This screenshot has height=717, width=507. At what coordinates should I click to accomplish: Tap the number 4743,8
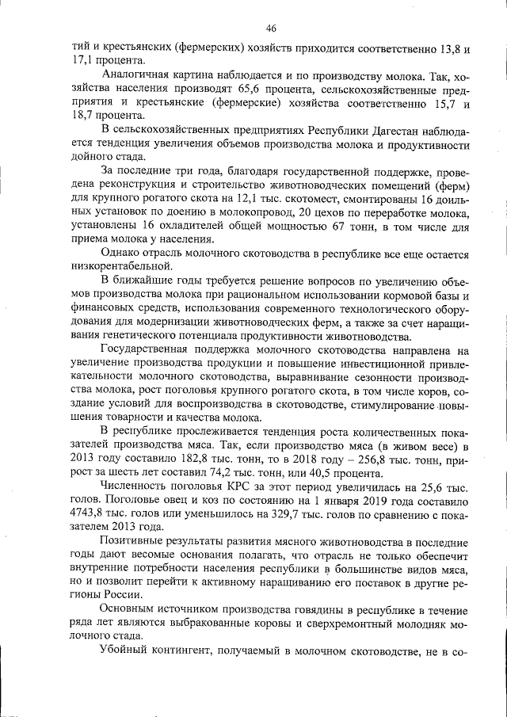pos(87,515)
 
